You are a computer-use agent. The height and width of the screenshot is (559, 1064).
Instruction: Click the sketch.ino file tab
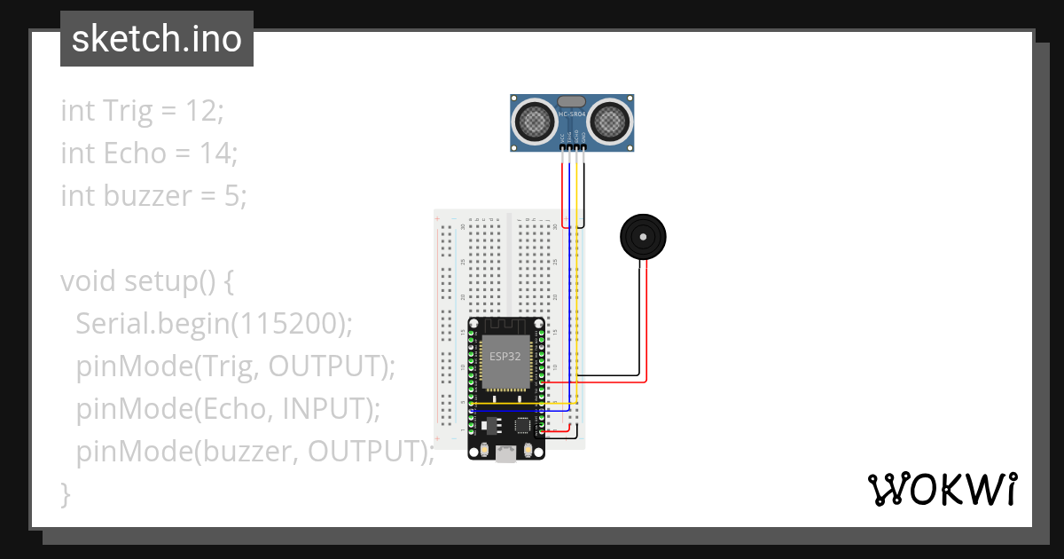[156, 39]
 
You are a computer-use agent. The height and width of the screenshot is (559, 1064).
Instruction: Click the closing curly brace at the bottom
[65, 493]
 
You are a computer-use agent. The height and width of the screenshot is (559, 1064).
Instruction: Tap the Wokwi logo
[942, 489]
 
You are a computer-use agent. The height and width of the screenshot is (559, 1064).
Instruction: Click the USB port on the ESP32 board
[506, 454]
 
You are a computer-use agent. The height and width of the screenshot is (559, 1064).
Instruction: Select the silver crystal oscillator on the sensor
[573, 102]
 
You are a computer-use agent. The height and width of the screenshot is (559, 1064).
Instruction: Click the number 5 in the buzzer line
[234, 195]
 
